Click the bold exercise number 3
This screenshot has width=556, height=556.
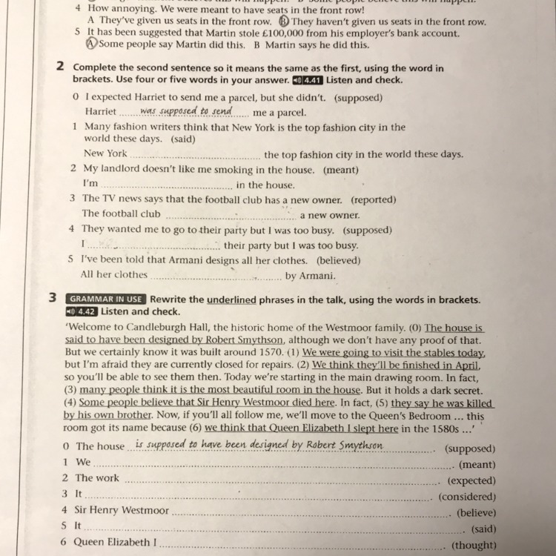pyautogui.click(x=53, y=299)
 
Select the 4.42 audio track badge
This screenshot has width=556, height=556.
pyautogui.click(x=82, y=311)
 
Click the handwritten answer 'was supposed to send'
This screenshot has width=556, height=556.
pyautogui.click(x=185, y=111)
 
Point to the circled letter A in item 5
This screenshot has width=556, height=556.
pyautogui.click(x=92, y=44)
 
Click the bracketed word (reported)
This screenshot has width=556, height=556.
pyautogui.click(x=374, y=199)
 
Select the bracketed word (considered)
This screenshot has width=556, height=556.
pyautogui.click(x=467, y=497)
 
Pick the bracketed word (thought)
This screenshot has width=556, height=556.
pyautogui.click(x=473, y=545)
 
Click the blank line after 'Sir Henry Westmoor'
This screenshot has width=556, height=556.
pyautogui.click(x=311, y=514)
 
